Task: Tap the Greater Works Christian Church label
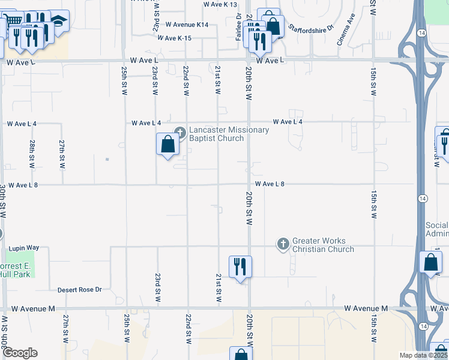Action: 323,245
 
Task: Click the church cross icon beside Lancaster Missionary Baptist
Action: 179,132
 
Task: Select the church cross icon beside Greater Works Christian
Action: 283,244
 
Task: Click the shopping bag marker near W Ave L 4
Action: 168,145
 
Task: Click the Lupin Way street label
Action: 23,248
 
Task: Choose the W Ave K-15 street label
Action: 175,38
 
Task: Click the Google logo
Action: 20,353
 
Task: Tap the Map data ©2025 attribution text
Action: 424,355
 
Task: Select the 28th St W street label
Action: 31,154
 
